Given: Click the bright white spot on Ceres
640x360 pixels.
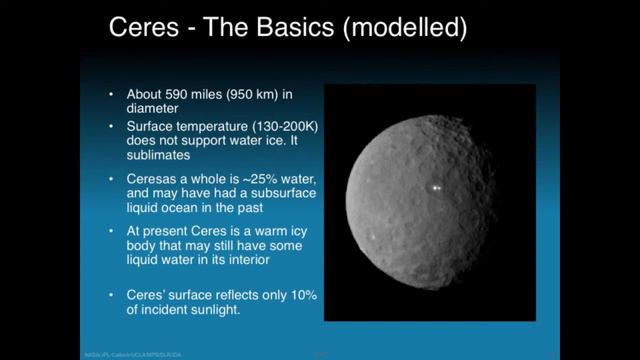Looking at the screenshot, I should (x=435, y=187).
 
